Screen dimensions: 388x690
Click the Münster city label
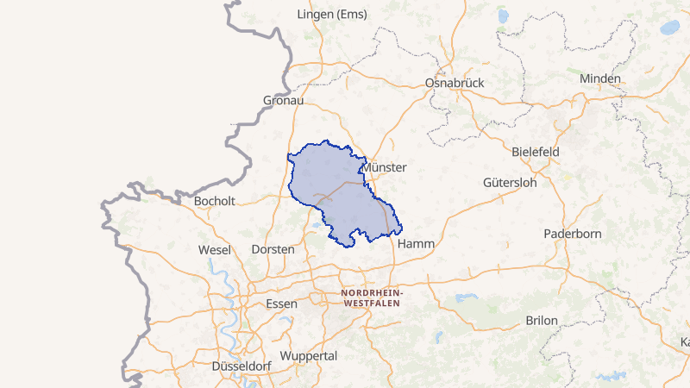(x=386, y=167)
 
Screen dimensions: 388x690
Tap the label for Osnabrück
(x=455, y=83)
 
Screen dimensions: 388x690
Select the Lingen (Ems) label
(x=331, y=15)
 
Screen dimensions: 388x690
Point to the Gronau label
(x=284, y=101)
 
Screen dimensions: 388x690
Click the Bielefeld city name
(x=536, y=152)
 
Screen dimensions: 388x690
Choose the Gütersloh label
(x=510, y=183)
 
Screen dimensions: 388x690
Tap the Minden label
(x=600, y=78)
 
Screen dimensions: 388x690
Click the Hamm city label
(x=416, y=244)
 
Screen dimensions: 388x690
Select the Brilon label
(x=542, y=321)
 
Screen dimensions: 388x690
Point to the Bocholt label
(x=215, y=201)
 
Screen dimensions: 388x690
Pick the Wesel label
(x=214, y=250)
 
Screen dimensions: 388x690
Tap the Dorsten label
(x=273, y=249)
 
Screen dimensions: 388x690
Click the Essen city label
(x=282, y=304)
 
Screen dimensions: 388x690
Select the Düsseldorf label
(x=241, y=366)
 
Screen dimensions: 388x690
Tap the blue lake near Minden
(x=670, y=28)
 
